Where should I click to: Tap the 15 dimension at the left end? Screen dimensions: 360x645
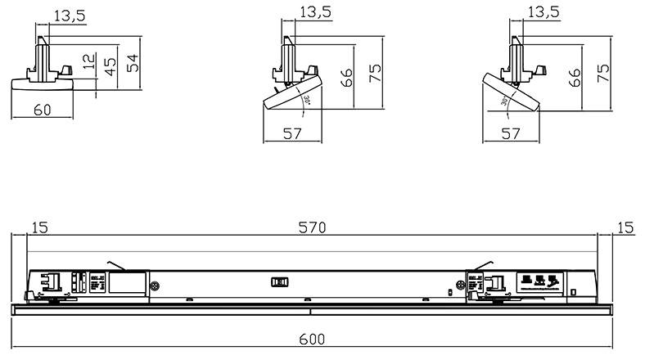click(x=39, y=228)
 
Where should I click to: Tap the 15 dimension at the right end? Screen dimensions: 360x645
click(x=625, y=228)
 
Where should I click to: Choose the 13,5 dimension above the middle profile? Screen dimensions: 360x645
click(x=316, y=11)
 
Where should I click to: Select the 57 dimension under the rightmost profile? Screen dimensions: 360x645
click(x=511, y=133)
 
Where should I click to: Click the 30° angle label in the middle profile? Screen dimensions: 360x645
click(x=308, y=101)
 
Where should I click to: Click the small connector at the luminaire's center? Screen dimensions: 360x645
click(x=279, y=282)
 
